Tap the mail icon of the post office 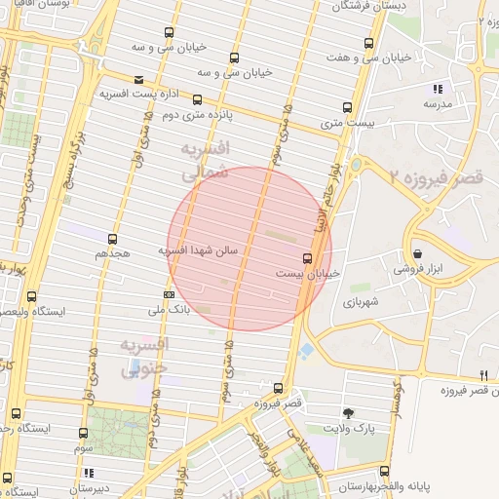click(x=139, y=80)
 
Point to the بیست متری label click(x=347, y=124)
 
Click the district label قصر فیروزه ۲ click(x=435, y=177)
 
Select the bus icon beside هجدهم click(x=113, y=238)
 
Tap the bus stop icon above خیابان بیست click(x=308, y=258)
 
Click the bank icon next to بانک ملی click(x=169, y=295)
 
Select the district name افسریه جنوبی click(x=144, y=357)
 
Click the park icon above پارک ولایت click(x=348, y=414)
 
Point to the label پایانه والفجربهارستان click(x=389, y=484)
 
